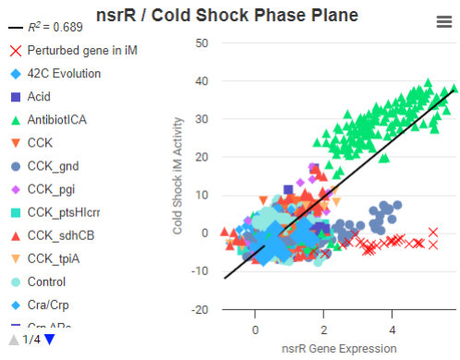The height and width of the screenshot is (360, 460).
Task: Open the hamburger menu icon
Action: point(443,23)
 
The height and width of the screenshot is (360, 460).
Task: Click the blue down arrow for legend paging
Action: point(50,340)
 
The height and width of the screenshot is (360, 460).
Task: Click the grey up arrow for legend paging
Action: point(11,340)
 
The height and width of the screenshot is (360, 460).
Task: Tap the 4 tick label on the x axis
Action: point(392,329)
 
